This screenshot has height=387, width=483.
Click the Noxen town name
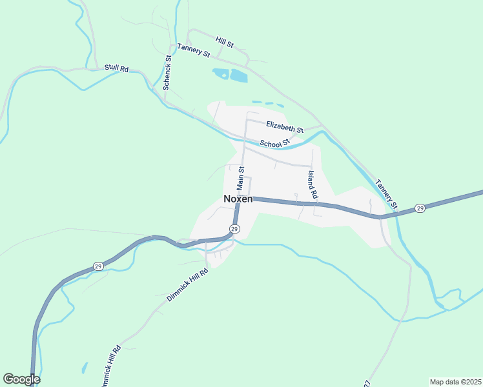tap(238, 199)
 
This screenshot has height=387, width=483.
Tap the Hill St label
tap(225, 43)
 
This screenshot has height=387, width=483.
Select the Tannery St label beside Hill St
tap(194, 51)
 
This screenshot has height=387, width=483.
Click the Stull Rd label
tap(116, 68)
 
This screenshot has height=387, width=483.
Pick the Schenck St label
tap(167, 72)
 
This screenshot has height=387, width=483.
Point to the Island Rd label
tap(313, 184)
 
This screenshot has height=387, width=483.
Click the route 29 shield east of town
tap(420, 208)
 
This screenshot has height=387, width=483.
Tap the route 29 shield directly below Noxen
tap(234, 229)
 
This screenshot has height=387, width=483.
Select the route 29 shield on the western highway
tap(98, 265)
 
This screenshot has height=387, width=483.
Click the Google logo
tap(21, 379)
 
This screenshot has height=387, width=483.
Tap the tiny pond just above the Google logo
tap(85, 368)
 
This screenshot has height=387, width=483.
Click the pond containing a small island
tap(221, 74)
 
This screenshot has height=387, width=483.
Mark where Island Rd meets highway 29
tap(316, 204)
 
